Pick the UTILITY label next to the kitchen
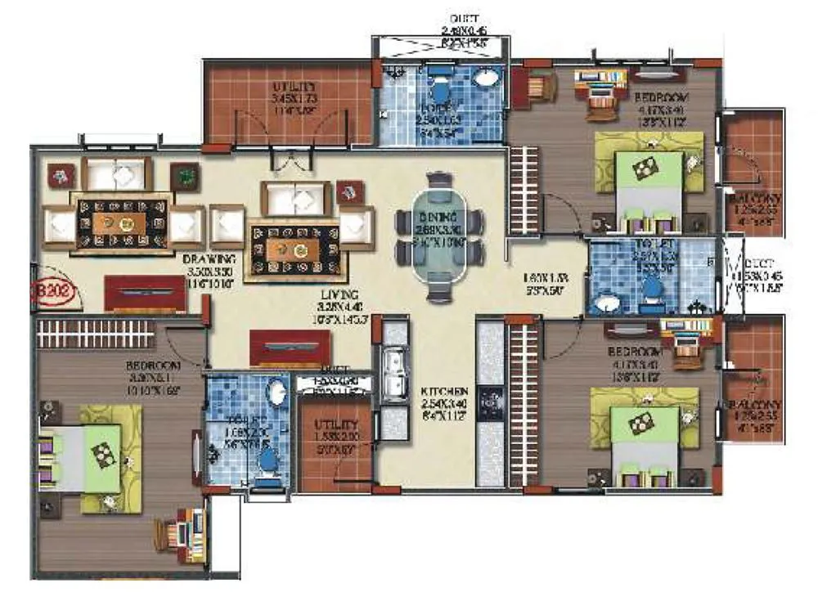click(335, 425)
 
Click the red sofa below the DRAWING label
click(145, 293)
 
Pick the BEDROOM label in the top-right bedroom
click(661, 97)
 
